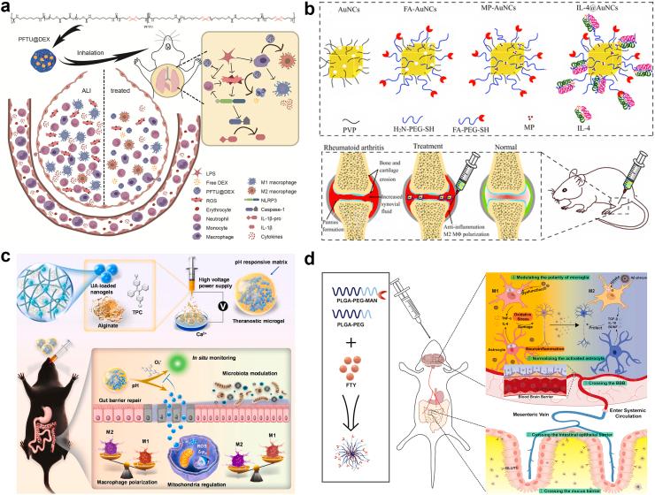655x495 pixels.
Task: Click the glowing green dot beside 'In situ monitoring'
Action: point(184,362)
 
